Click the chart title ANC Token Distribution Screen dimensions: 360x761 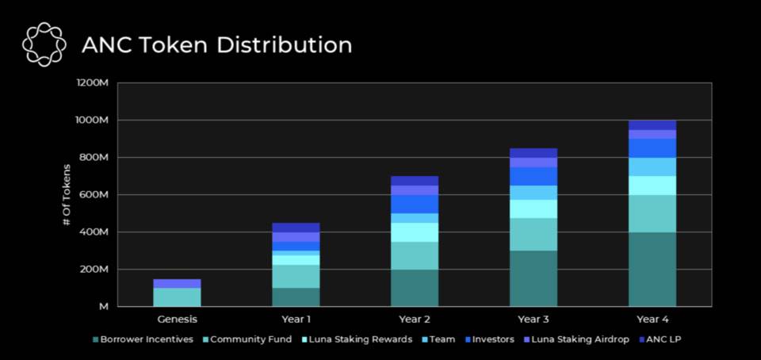216,45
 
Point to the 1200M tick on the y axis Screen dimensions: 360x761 94,82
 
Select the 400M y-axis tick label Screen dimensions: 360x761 94,232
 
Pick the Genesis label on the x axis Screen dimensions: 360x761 177,320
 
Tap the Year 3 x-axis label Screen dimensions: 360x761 533,320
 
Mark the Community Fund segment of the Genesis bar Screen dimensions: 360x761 177,297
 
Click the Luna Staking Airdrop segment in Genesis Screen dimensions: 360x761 177,283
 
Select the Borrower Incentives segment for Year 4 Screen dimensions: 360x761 652,269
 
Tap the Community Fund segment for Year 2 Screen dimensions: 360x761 415,255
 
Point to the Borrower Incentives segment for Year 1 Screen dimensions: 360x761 296,297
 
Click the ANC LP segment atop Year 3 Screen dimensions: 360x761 533,153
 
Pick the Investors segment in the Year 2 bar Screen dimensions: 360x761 415,204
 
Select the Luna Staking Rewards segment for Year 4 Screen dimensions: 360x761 652,185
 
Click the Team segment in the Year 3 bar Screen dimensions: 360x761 533,193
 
